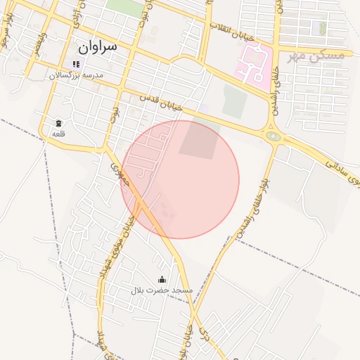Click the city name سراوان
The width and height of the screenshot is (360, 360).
tap(96, 48)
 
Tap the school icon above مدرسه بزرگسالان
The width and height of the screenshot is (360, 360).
tap(75, 64)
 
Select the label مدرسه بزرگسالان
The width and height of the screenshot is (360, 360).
tap(75, 75)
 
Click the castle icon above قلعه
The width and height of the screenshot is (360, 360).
tap(57, 123)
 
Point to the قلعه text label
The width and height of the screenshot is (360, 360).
tap(57, 134)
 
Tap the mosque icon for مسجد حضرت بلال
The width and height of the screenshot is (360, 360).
tap(162, 279)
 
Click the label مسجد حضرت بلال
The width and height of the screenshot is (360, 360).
tap(162, 290)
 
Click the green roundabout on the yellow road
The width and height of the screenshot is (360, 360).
tap(273, 136)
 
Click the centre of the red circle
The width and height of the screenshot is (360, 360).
tap(180, 179)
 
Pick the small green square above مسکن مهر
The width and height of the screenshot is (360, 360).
tap(322, 29)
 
